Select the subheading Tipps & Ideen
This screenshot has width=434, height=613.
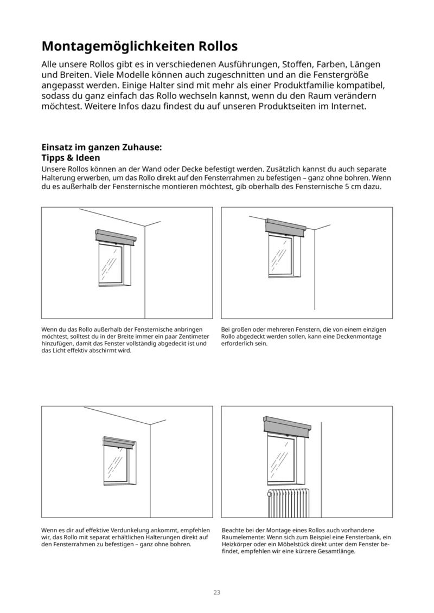pos(71,158)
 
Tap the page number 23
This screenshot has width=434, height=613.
pos(216,592)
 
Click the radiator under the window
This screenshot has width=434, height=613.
pos(288,502)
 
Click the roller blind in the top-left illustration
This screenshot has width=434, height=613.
pos(114,237)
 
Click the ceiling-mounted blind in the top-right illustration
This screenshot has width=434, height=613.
pos(286,226)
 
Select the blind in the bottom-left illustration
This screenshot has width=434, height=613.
pos(119,443)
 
